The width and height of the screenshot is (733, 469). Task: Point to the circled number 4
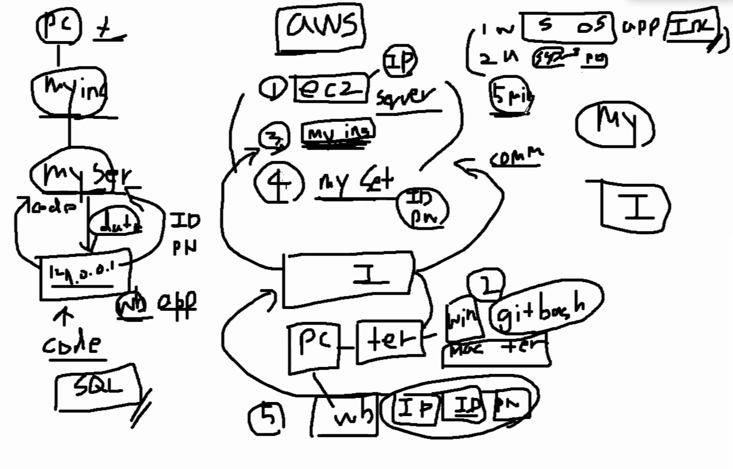pyautogui.click(x=279, y=183)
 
